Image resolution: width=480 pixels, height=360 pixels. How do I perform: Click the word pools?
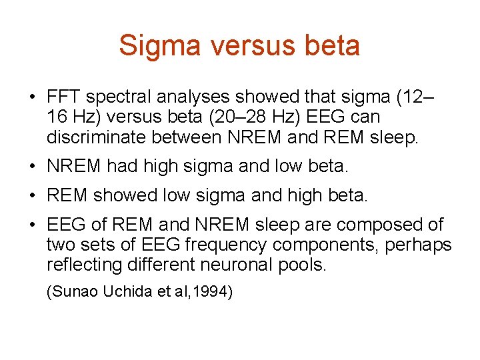[x=304, y=265]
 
